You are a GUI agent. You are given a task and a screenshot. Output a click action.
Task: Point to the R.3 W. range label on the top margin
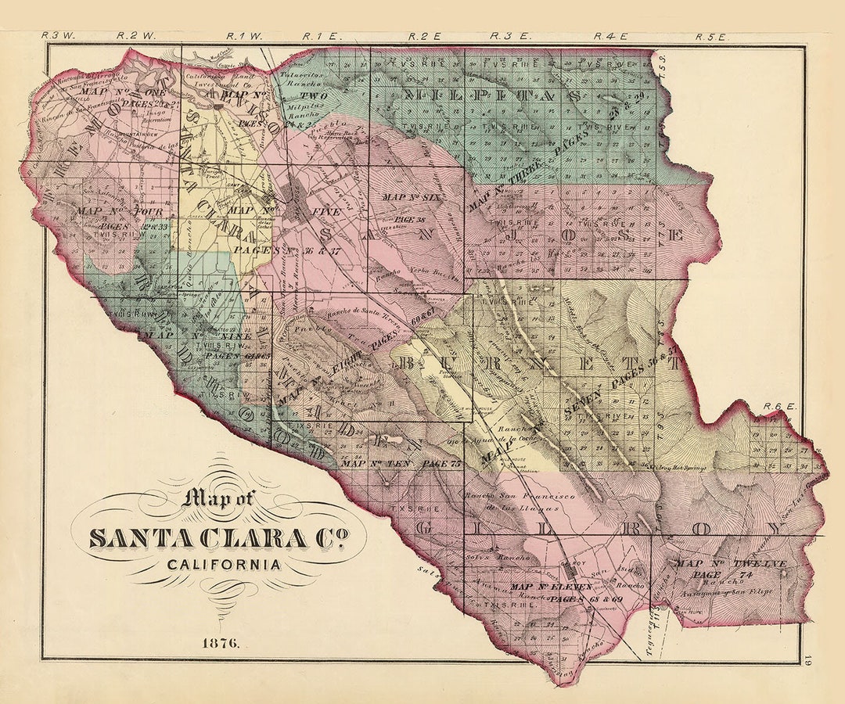tap(54, 35)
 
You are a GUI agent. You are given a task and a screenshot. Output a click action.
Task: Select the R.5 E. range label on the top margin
tap(712, 36)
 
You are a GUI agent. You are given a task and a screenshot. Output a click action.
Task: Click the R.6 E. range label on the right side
tap(779, 407)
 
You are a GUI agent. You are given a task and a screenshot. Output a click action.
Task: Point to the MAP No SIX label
tap(412, 197)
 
